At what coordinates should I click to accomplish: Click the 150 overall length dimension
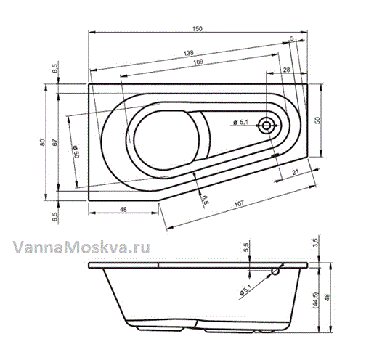pyautogui.click(x=198, y=29)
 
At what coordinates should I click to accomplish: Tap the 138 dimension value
pyautogui.click(x=189, y=53)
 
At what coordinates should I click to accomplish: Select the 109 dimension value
pyautogui.click(x=198, y=62)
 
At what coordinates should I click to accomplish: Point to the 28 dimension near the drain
pyautogui.click(x=287, y=70)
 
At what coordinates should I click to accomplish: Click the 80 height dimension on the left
pyautogui.click(x=42, y=142)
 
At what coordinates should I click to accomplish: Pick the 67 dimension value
pyautogui.click(x=55, y=142)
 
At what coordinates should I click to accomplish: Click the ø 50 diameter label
pyautogui.click(x=76, y=152)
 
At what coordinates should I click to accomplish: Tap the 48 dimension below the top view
pyautogui.click(x=123, y=209)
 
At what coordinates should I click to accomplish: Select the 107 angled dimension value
pyautogui.click(x=239, y=203)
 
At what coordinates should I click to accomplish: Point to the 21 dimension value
pyautogui.click(x=296, y=172)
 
